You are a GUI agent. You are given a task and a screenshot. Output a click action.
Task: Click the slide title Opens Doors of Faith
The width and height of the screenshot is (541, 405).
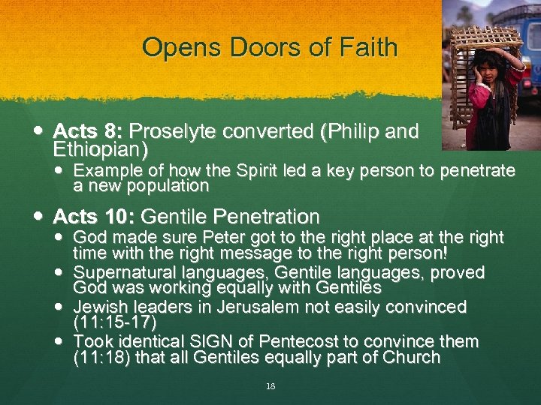[269, 48]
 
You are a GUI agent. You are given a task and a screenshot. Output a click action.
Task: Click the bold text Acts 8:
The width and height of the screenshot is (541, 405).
[82, 132]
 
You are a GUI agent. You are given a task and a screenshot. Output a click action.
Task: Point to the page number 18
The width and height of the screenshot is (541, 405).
[270, 386]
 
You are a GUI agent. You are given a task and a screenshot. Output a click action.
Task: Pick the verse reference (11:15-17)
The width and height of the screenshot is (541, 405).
[115, 323]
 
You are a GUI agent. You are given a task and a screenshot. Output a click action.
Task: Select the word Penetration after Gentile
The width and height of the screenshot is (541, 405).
[267, 217]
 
